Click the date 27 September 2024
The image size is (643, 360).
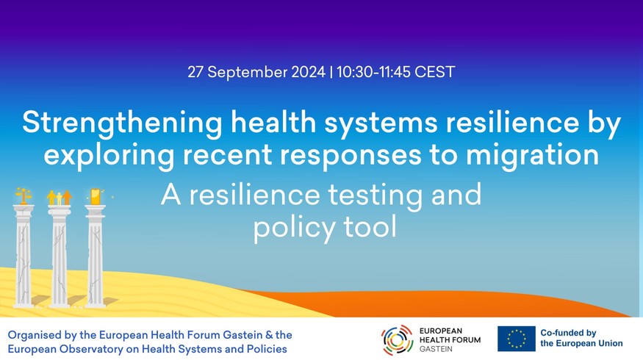tap(256, 72)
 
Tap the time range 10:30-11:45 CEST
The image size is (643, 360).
tap(396, 72)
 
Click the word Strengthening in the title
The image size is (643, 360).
tap(122, 123)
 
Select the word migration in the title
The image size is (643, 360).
tap(532, 156)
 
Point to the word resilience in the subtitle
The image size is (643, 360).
tap(254, 195)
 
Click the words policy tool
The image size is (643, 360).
tap(325, 228)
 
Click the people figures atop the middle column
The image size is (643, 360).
tap(60, 197)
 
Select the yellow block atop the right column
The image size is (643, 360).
tap(95, 196)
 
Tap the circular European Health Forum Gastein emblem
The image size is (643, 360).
tap(397, 339)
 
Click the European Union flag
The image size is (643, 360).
tap(517, 339)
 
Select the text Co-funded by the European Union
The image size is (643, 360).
tap(581, 338)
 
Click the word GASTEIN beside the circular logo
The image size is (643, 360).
tap(436, 349)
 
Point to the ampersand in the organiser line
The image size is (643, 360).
tap(269, 335)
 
